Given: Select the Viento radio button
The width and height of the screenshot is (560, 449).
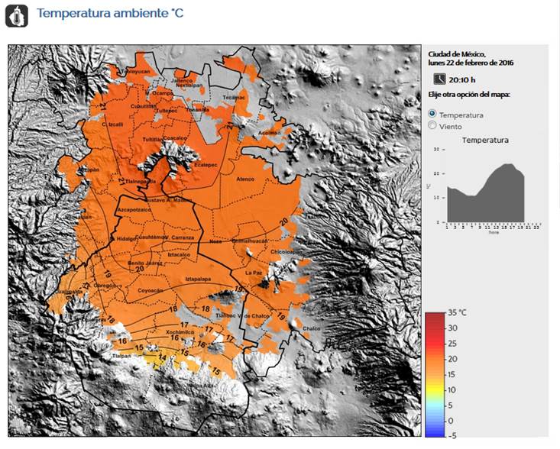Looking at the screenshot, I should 433,126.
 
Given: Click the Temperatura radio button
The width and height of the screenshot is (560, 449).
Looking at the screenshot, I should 433,114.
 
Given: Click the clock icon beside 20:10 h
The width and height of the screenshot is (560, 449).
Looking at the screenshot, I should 439,79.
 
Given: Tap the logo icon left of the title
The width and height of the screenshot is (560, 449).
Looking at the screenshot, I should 16,15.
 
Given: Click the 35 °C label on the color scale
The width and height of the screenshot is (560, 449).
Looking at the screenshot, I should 457,313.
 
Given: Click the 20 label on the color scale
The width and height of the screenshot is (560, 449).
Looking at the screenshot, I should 452,359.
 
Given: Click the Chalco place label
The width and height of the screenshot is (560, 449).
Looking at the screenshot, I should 312,328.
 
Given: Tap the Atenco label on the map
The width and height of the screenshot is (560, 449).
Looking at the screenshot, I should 245,179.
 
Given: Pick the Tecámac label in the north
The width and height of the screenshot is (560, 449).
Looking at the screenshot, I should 232,99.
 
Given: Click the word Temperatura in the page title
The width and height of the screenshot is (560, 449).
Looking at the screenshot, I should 69,14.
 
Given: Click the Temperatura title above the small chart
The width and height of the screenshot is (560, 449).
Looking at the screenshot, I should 485,141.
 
